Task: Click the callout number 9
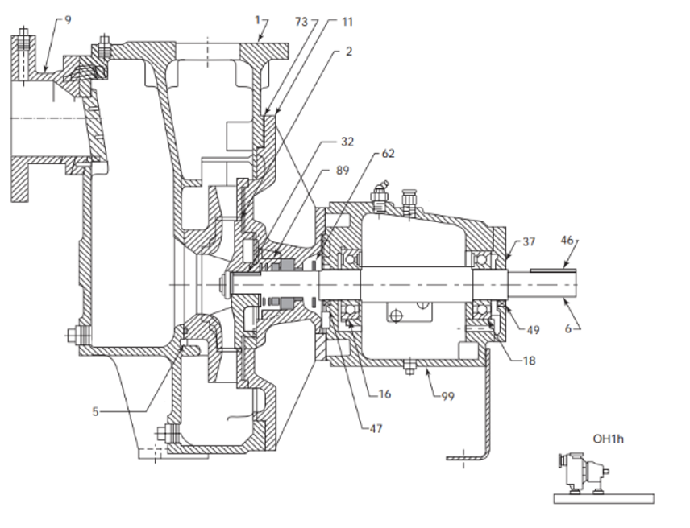coord(68,19)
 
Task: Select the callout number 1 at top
coord(256,19)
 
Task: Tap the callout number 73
coord(301,22)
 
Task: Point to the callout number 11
coord(346,22)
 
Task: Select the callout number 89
coord(343,170)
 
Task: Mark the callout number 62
coord(388,153)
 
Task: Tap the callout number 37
coord(529,241)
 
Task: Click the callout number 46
coord(567,241)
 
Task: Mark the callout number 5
coord(96,411)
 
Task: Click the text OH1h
coord(609,439)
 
